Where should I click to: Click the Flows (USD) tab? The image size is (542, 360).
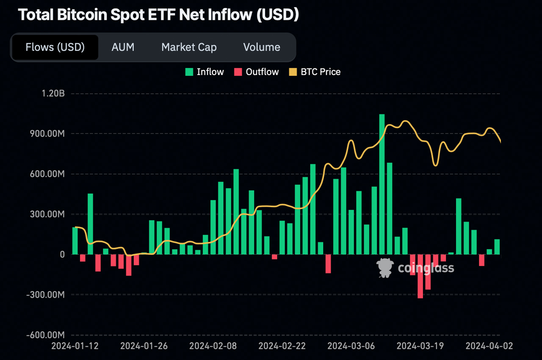(55, 47)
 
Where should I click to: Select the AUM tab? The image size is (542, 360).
(123, 47)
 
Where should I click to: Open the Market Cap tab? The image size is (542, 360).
(189, 47)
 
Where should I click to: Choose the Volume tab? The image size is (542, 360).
(262, 47)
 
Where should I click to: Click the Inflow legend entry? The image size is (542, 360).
(205, 72)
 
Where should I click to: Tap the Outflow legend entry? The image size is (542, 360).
(257, 72)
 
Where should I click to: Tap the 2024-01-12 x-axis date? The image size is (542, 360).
(75, 346)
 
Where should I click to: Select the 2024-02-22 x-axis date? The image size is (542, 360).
(282, 346)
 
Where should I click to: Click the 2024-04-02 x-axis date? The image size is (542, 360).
(489, 346)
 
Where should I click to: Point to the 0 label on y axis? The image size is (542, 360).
(62, 254)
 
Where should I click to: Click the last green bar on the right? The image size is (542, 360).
(497, 247)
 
